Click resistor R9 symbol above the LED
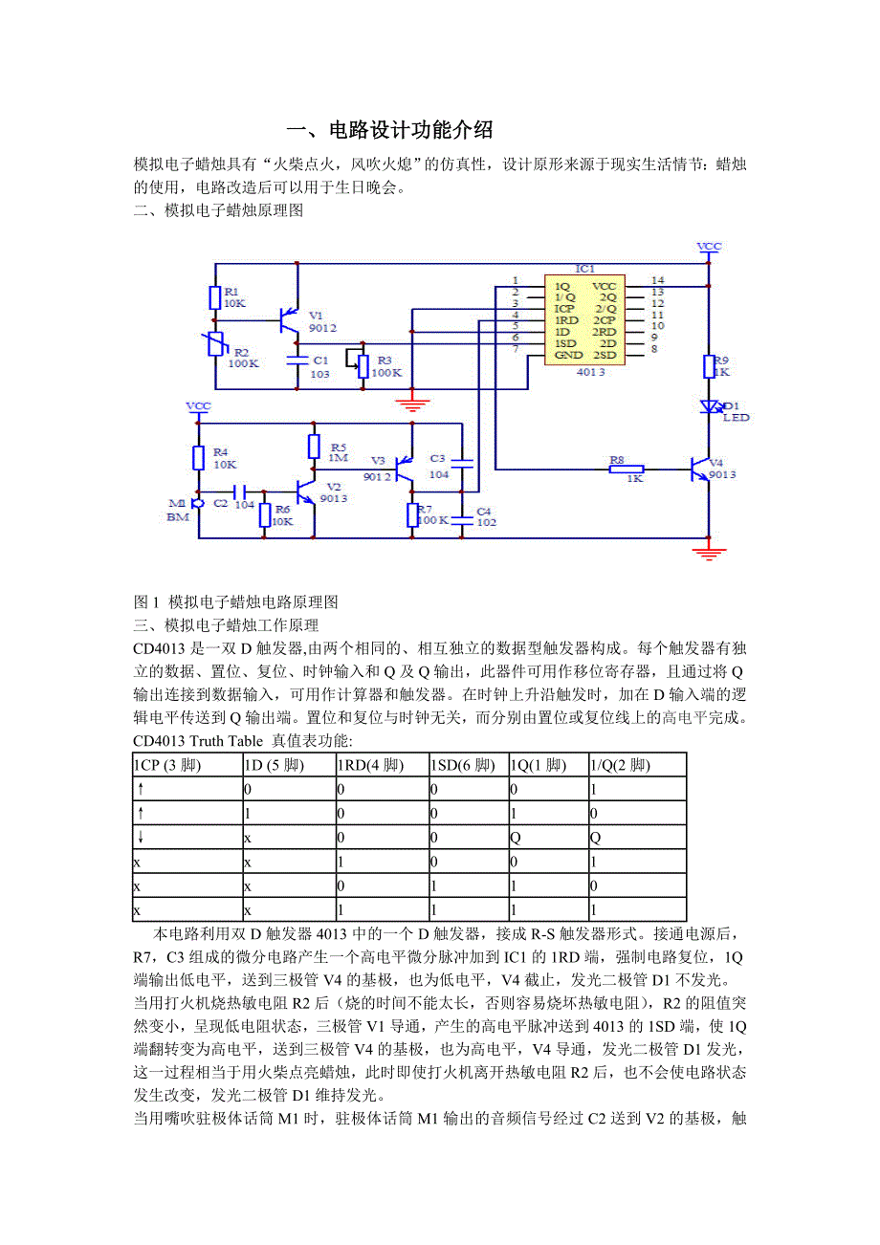point(710,366)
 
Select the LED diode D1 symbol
point(710,406)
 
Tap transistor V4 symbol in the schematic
point(703,468)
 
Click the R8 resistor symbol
point(627,469)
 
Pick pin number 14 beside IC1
point(657,280)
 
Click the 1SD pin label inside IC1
point(564,342)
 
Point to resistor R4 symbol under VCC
point(198,457)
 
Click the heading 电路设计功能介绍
point(410,129)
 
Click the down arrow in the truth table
point(141,838)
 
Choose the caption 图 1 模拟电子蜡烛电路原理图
point(236,602)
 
